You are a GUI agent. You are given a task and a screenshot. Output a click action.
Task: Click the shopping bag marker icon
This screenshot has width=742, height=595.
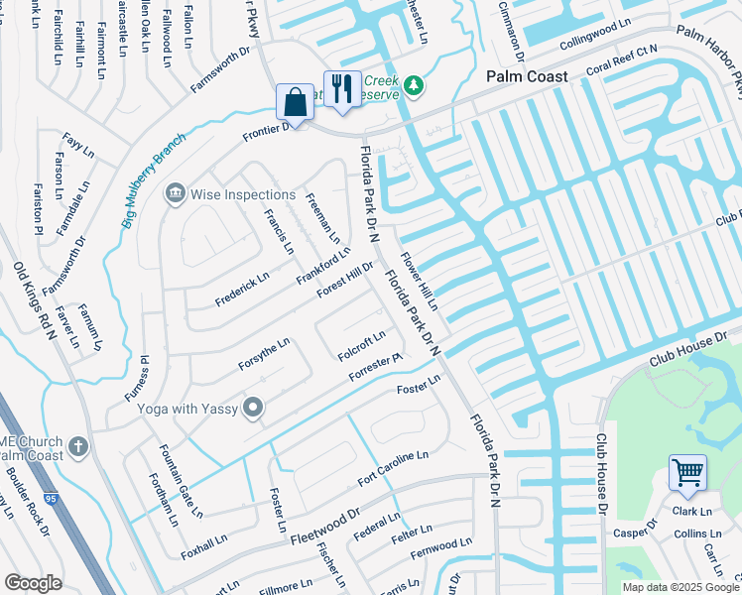pos(295,102)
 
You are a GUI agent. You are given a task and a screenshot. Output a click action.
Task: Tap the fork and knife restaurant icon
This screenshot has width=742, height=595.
pos(340,88)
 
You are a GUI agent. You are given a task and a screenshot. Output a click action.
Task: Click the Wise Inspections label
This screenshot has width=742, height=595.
pos(243,194)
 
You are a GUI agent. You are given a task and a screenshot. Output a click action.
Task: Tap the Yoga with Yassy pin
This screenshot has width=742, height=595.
pos(254,407)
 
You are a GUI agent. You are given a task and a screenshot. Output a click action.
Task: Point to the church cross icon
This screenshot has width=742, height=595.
pos(77,446)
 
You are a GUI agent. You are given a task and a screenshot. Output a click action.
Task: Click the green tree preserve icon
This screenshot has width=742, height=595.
pos(413,86)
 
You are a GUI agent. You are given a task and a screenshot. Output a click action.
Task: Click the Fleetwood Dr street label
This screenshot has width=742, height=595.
pos(324,527)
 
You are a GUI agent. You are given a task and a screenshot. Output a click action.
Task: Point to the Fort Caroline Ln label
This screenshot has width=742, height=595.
pos(392,468)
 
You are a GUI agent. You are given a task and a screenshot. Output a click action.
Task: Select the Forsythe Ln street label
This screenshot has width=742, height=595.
pos(264,354)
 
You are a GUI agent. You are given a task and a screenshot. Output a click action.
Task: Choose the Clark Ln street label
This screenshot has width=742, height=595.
pos(691,512)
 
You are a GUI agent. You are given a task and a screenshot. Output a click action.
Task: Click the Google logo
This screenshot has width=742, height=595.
pos(33,583)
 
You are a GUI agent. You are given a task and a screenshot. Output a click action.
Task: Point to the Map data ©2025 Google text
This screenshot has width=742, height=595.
pos(680,587)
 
